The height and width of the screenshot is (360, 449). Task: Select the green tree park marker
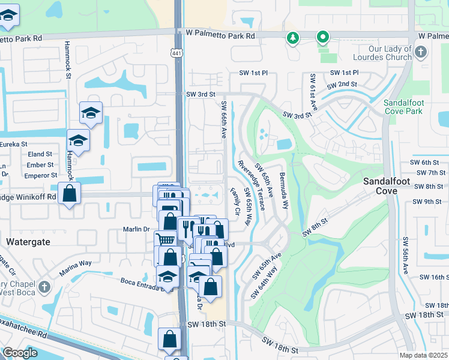[x=292, y=38]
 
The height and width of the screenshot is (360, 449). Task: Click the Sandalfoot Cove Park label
[x=404, y=107]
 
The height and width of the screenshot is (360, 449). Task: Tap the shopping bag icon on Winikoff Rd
[x=70, y=194]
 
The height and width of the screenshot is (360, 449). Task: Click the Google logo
[x=20, y=353]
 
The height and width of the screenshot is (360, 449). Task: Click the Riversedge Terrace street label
[x=252, y=185]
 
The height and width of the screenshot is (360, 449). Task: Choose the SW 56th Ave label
[x=406, y=255]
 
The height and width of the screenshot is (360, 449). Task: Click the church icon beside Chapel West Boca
[x=44, y=287]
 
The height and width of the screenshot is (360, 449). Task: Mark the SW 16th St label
[x=433, y=277]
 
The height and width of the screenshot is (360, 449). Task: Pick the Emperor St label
[x=40, y=175]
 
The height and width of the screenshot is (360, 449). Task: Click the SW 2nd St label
[x=343, y=83]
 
